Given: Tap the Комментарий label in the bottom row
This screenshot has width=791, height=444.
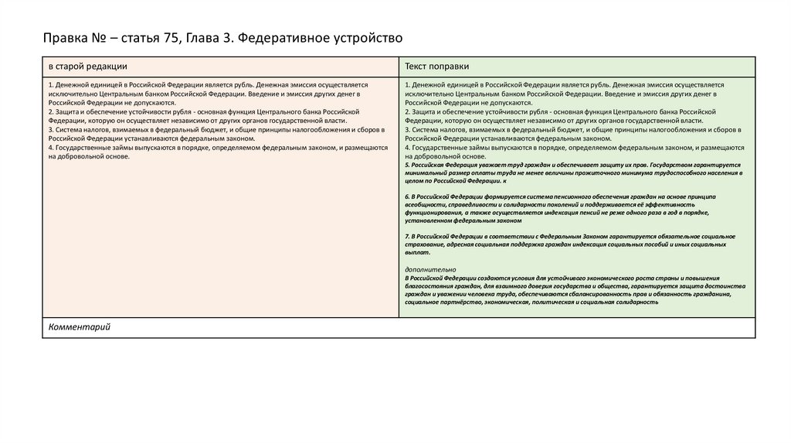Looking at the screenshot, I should (80, 327).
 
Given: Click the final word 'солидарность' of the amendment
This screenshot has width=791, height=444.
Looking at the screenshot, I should (637, 302).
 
